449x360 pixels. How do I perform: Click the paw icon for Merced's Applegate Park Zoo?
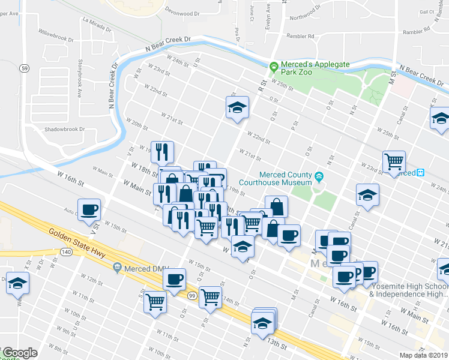[274, 65]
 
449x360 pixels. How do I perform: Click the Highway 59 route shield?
[22, 68]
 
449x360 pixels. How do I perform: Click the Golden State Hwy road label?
[77, 243]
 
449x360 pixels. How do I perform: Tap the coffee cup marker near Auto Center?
[89, 209]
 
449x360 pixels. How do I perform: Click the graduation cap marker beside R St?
[237, 108]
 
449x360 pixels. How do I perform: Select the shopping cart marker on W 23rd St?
[393, 160]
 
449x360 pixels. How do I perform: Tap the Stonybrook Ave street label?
[79, 78]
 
